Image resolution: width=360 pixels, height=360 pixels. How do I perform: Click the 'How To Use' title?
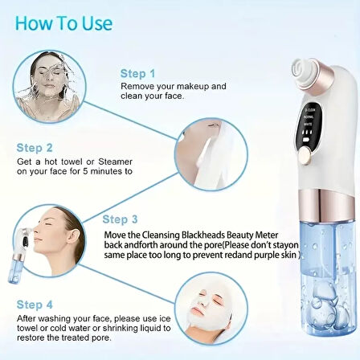pyautogui.click(x=63, y=23)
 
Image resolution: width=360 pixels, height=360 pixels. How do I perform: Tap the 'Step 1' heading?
pyautogui.click(x=137, y=73)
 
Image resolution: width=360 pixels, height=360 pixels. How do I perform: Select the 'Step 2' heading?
pyautogui.click(x=35, y=148)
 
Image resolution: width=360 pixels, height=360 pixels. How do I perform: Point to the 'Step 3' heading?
pyautogui.click(x=120, y=219)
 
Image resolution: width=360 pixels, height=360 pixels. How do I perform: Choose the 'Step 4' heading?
pyautogui.click(x=35, y=305)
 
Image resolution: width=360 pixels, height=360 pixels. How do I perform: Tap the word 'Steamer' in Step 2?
pyautogui.click(x=116, y=162)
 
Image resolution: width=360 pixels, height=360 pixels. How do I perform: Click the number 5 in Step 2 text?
pyautogui.click(x=85, y=171)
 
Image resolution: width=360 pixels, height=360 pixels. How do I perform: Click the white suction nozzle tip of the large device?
pyautogui.click(x=303, y=71)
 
